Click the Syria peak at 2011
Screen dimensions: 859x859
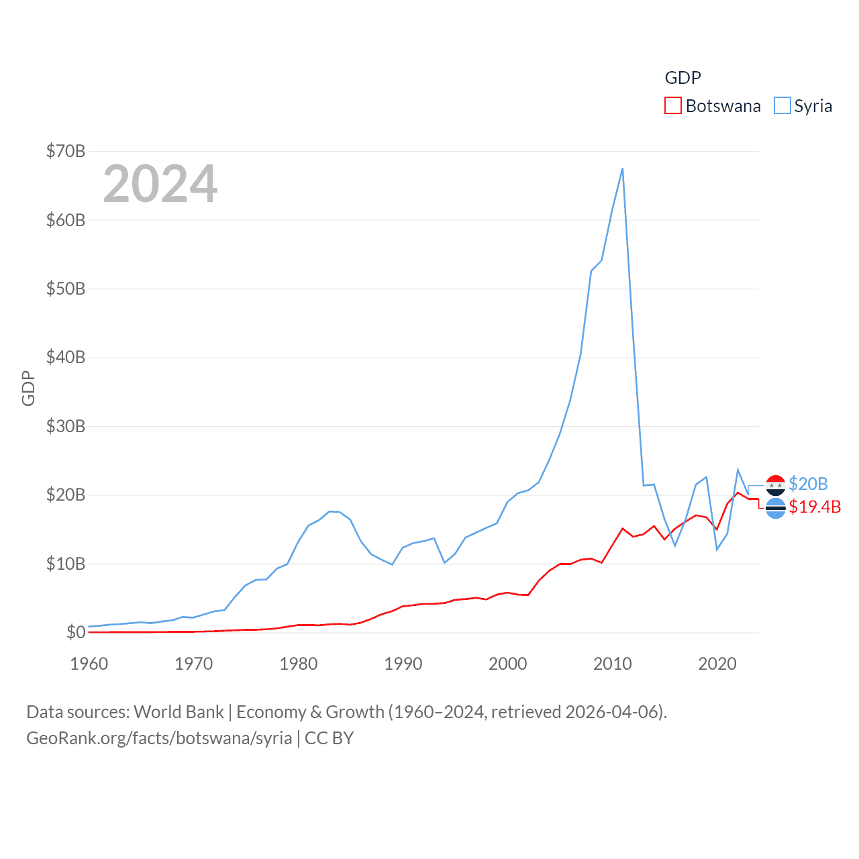[622, 168]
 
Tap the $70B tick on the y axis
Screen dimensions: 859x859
[65, 151]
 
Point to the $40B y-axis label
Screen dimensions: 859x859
[65, 357]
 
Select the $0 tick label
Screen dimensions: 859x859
[76, 632]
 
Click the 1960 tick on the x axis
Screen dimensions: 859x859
[89, 664]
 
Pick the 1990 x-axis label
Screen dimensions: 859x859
[403, 664]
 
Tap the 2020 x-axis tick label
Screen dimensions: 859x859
[717, 664]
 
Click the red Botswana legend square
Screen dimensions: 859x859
[672, 106]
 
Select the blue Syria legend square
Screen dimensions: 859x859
[782, 106]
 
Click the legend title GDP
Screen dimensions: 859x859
[683, 78]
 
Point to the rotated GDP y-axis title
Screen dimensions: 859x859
[28, 388]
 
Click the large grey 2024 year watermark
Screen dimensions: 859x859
[160, 184]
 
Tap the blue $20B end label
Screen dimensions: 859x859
[808, 484]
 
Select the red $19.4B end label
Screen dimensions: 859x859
[815, 507]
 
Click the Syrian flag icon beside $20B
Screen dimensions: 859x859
[775, 485]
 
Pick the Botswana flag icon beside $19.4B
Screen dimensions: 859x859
[775, 508]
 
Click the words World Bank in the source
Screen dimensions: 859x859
[179, 711]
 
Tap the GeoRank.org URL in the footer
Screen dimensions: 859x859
[159, 738]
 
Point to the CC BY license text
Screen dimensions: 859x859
[329, 738]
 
